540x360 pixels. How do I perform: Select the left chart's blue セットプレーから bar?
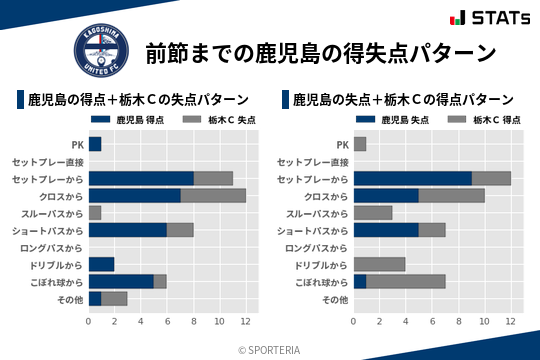[x=141, y=178]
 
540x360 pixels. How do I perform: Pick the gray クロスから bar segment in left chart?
[x=213, y=195]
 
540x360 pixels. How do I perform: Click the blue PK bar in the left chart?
[x=95, y=144]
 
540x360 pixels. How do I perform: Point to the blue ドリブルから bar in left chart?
[x=102, y=264]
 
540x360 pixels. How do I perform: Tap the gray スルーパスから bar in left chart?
[x=95, y=212]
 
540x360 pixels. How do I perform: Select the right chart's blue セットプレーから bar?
[x=413, y=178]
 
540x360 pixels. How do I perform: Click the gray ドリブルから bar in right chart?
[x=380, y=264]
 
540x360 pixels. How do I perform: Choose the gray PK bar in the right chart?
[x=360, y=144]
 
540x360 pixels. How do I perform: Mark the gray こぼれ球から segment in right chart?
[x=406, y=281]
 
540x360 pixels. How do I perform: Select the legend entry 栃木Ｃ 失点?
[x=219, y=120]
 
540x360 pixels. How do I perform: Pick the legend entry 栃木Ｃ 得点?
[x=484, y=120]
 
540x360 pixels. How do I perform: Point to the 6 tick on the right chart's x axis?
[x=432, y=322]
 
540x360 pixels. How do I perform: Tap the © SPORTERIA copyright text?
[x=269, y=350]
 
